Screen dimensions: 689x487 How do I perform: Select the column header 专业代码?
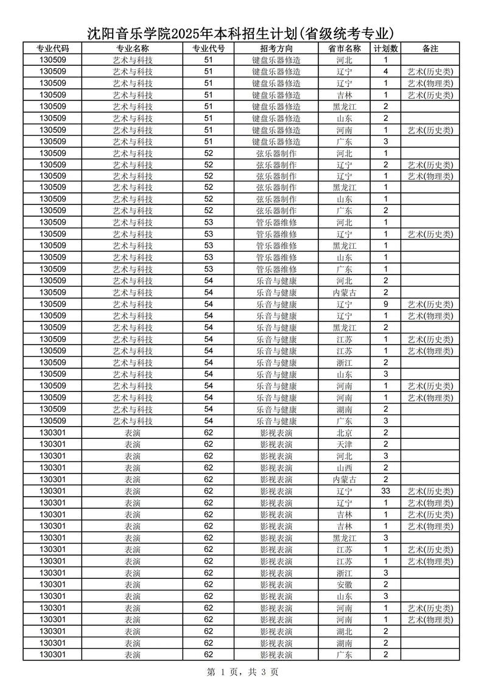(52, 49)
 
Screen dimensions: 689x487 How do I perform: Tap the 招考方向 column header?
(276, 49)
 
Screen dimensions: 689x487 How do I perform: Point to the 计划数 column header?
(386, 49)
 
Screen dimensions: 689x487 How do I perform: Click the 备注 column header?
(430, 49)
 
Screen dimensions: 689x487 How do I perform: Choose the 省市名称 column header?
(344, 49)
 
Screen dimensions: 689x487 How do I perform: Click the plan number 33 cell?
(386, 491)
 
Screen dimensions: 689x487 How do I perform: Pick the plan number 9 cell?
(386, 304)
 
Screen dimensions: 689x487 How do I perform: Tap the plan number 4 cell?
(386, 72)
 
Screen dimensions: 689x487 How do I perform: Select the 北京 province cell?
(344, 433)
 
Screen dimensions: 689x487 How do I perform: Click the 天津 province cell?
(344, 444)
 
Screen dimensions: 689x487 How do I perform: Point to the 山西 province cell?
(344, 468)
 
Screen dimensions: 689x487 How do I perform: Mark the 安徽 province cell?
(344, 584)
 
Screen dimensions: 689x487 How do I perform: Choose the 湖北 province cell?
(344, 631)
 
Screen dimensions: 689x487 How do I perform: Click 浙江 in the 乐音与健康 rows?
(344, 363)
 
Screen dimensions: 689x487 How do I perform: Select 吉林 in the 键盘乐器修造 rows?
(344, 95)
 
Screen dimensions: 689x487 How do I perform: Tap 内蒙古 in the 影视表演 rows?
(344, 480)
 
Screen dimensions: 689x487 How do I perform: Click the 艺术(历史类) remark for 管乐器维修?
(430, 234)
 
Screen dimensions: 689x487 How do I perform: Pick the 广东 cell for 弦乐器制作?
(344, 211)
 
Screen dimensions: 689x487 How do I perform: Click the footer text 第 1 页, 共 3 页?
(243, 672)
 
